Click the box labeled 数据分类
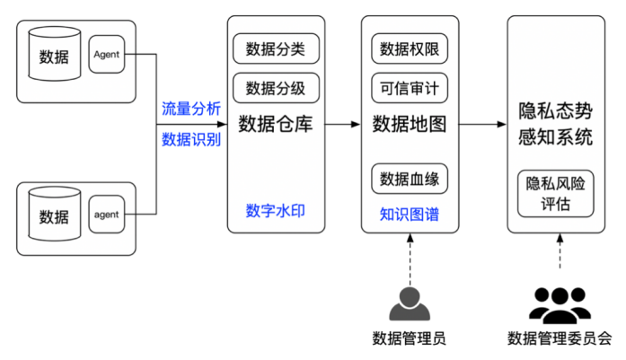click(276, 48)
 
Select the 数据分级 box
click(276, 88)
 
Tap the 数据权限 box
click(410, 48)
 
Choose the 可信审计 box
click(410, 88)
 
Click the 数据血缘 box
click(410, 177)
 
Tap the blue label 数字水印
click(276, 210)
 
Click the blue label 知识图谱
click(410, 215)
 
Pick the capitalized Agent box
click(107, 55)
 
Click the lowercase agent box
click(107, 215)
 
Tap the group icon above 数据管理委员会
click(560, 304)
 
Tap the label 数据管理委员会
click(560, 338)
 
